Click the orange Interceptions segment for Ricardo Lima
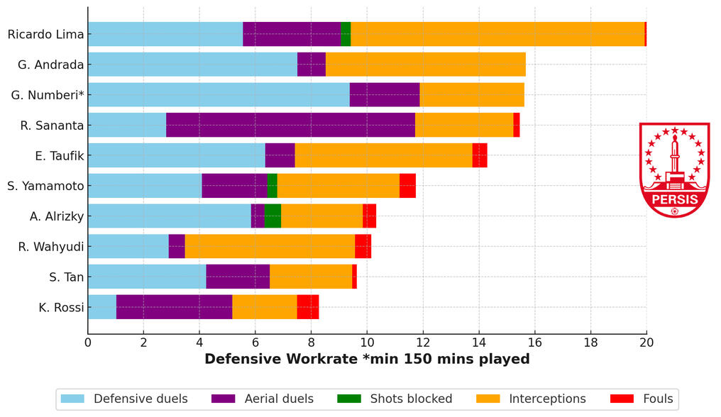497,34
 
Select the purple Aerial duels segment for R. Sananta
290,125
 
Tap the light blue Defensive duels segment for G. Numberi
219,94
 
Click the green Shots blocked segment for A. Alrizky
273,216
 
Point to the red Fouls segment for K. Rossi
308,307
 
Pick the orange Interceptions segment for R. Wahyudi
270,246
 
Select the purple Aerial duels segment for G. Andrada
311,65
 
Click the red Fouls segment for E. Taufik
480,155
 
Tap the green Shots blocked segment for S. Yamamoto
273,186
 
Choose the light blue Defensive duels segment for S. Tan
147,277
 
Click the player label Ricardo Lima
45,34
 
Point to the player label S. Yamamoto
45,186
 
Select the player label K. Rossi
61,307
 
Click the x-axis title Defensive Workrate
367,359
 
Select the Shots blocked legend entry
411,399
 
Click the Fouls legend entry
652,399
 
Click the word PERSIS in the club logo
674,199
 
